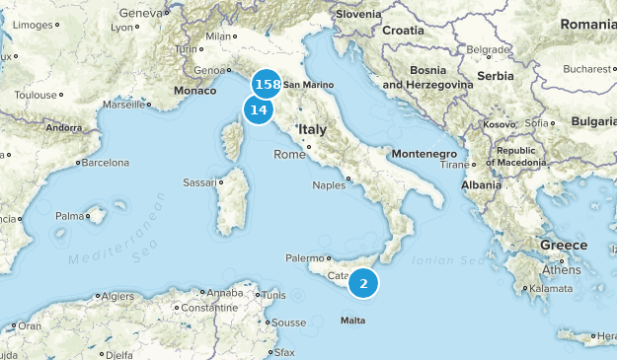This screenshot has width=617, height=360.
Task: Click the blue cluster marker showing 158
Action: [x=267, y=84]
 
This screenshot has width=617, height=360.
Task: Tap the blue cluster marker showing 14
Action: [x=260, y=110]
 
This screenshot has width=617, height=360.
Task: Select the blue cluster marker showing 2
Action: [x=363, y=284]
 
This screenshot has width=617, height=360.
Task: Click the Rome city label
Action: [x=289, y=154]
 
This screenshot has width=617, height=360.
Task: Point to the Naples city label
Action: [x=329, y=184]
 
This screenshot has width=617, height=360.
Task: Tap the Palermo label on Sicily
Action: [x=304, y=258]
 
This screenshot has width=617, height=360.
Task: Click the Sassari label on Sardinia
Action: [x=199, y=182]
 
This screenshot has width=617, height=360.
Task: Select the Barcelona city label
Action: [x=105, y=163]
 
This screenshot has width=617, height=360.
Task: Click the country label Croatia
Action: [x=403, y=31]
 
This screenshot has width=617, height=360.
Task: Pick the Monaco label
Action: [x=193, y=91]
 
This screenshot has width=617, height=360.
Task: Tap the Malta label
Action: [x=352, y=321]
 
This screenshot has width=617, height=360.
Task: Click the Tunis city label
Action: [x=273, y=295]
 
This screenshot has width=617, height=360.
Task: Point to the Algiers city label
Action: [x=117, y=296]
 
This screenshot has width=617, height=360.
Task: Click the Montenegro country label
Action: [x=424, y=155]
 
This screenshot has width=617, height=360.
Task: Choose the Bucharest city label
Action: [x=589, y=69]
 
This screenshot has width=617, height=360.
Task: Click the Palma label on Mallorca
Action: [x=68, y=215]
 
